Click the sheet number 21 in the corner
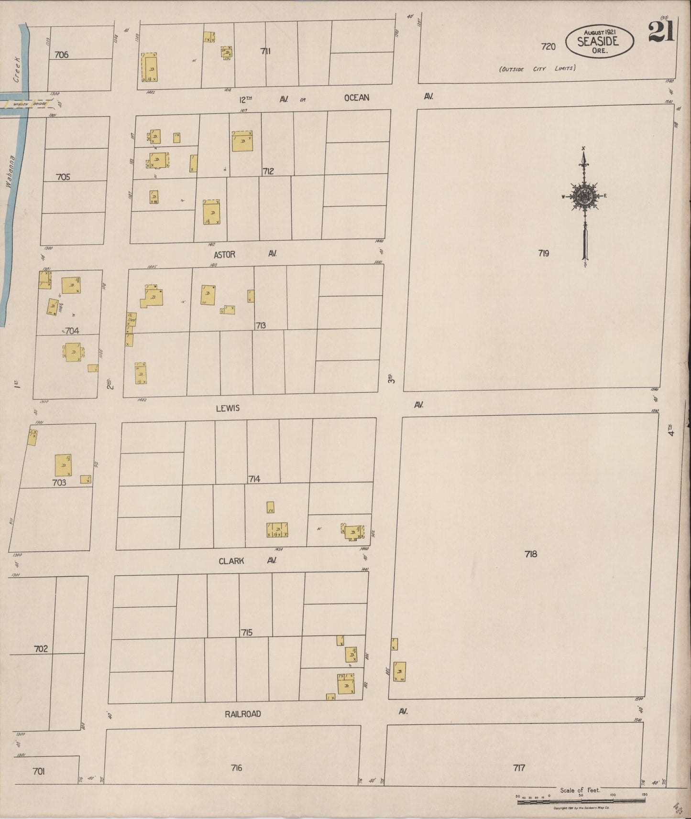click(661, 33)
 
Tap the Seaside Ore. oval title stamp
click(600, 42)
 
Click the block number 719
click(543, 253)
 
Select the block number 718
click(531, 554)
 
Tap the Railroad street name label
click(243, 714)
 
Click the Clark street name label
click(231, 561)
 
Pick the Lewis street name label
click(228, 408)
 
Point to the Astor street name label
click(225, 255)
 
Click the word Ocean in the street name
click(357, 97)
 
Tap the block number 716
click(236, 768)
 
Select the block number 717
click(519, 768)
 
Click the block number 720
click(548, 46)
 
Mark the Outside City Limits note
click(537, 69)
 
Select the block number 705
click(63, 177)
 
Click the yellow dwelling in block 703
click(63, 465)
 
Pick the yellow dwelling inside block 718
click(399, 671)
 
